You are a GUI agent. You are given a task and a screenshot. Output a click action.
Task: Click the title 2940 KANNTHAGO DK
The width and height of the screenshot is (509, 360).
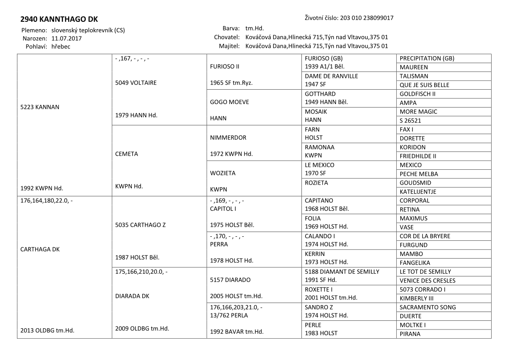pyautogui.click(x=59, y=20)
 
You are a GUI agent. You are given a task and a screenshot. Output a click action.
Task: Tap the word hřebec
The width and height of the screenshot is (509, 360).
pyautogui.click(x=61, y=46)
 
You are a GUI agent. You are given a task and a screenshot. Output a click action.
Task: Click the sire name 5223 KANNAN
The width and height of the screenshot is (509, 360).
pyautogui.click(x=40, y=107)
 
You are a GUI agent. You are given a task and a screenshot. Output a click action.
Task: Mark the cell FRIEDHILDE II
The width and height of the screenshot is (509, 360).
pyautogui.click(x=418, y=156)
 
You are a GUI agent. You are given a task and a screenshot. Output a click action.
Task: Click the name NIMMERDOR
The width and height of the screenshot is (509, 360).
pyautogui.click(x=228, y=138)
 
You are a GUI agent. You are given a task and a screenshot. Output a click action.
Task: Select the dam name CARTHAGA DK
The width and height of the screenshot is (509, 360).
pyautogui.click(x=40, y=249)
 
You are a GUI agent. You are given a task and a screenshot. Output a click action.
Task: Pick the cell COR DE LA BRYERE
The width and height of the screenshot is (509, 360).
pyautogui.click(x=425, y=236)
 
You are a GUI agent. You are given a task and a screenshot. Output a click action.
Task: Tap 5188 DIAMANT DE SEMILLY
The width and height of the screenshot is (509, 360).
pyautogui.click(x=342, y=272)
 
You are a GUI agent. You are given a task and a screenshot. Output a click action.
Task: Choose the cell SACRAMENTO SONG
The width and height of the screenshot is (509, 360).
pyautogui.click(x=428, y=307)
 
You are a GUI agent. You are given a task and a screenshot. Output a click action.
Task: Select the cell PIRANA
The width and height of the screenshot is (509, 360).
pyautogui.click(x=410, y=334)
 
